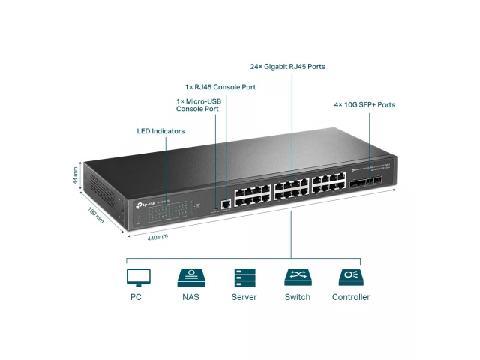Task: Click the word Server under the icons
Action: click(x=244, y=297)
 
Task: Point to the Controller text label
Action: click(x=350, y=297)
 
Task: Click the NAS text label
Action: click(x=190, y=297)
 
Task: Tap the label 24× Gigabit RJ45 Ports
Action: click(x=287, y=67)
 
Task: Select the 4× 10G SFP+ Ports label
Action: click(x=364, y=104)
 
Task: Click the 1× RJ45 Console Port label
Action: click(x=220, y=87)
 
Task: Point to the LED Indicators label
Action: click(x=160, y=131)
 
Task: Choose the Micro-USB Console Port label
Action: click(x=197, y=105)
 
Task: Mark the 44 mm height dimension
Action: click(x=76, y=176)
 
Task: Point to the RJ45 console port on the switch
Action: click(x=226, y=202)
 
